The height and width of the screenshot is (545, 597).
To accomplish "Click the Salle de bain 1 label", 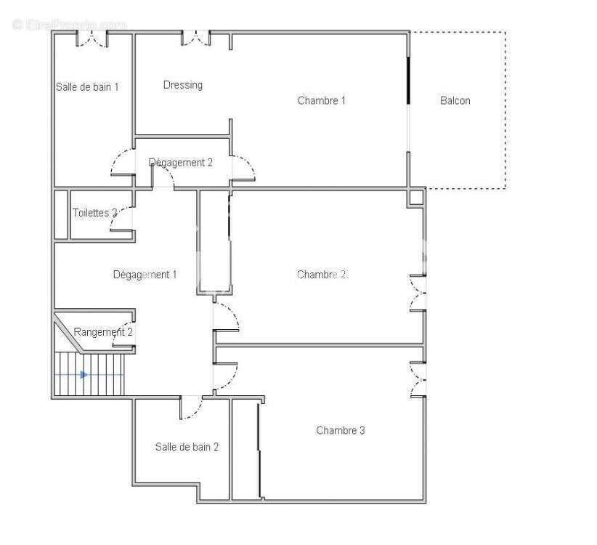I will pos(87,87).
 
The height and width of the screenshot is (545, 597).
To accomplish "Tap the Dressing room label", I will pos(182,85).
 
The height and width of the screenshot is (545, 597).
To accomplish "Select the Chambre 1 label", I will pos(321,100).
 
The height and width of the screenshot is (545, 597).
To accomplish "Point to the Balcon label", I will pos(455,100).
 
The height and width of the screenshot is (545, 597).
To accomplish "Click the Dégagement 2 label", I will pos(180,162).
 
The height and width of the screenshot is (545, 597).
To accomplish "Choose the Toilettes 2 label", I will pos(94,213).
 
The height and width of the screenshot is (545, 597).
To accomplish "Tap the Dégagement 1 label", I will pos(145,274).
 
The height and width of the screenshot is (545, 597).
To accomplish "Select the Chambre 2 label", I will pos(321,274).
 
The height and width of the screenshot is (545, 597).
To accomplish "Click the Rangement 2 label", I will pos(103,332).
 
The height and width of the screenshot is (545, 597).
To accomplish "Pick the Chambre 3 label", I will pos(340,430).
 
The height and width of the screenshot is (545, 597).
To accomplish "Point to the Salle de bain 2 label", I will pos(187,447).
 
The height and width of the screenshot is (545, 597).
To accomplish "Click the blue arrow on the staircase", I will pos(84,374).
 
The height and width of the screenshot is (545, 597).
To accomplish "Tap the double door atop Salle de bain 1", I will pos(92,38).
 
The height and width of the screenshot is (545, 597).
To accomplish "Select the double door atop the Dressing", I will pos(196,38).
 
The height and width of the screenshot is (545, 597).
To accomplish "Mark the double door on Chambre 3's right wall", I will pos(418,379).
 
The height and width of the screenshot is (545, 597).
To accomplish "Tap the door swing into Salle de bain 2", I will pos(192,408).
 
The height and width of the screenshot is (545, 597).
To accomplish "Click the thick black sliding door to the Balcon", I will pos(408,80).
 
